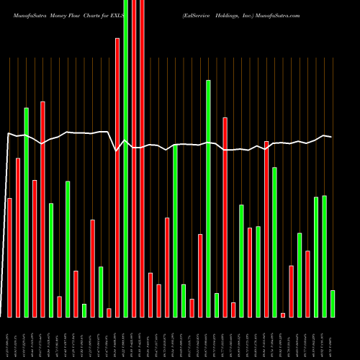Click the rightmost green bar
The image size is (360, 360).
point(333,303)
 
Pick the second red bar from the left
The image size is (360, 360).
point(18,237)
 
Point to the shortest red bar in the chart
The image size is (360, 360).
point(283,315)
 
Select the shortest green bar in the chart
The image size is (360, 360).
point(84,310)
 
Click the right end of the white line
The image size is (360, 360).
point(331,137)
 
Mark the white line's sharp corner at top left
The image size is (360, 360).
point(8,133)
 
